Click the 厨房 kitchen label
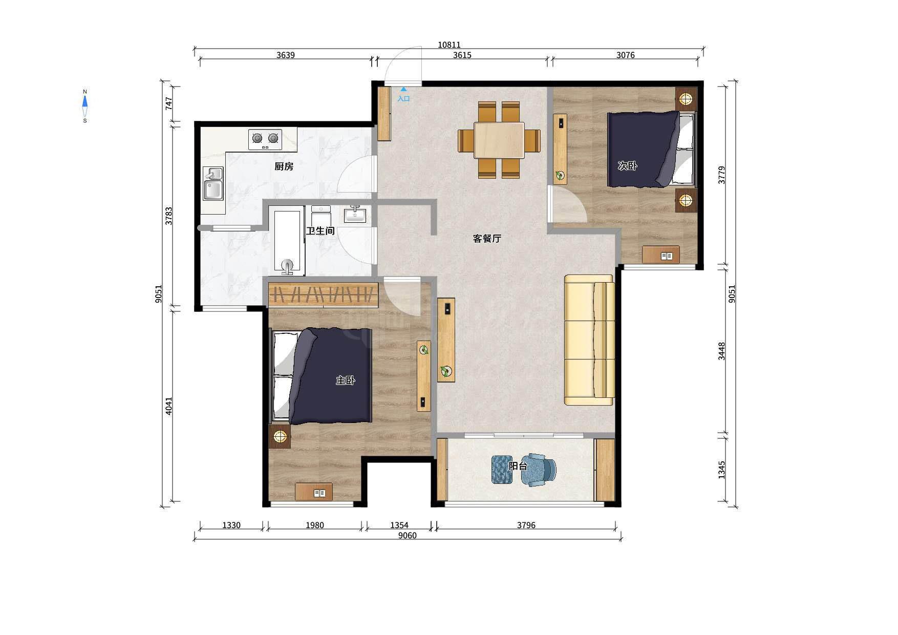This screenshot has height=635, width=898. coord(284,166)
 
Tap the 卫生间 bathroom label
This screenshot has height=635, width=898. coord(320,231)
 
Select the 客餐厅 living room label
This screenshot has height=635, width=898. coord(487,239)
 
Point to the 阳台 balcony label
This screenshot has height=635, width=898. coord(518,466)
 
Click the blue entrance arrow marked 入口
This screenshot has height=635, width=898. coord(403,89)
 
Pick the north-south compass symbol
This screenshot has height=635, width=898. coord(85,106)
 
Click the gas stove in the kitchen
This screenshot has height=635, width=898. coord(265,139)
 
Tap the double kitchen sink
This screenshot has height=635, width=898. coord(213,183)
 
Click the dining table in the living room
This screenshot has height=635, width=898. coord(499,140)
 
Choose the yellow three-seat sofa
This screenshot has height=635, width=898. coord(589,340)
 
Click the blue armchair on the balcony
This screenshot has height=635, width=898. coord(538,469)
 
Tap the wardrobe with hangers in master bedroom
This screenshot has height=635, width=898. coord(323,295)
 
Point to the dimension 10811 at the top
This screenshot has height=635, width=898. coord(449,45)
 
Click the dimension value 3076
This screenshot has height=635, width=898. coord(626,55)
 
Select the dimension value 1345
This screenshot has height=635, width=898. coord(722,470)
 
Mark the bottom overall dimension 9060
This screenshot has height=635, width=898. coord(408,536)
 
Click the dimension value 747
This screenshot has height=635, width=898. coord(169,104)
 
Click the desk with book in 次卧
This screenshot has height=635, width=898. coord(661,255)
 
